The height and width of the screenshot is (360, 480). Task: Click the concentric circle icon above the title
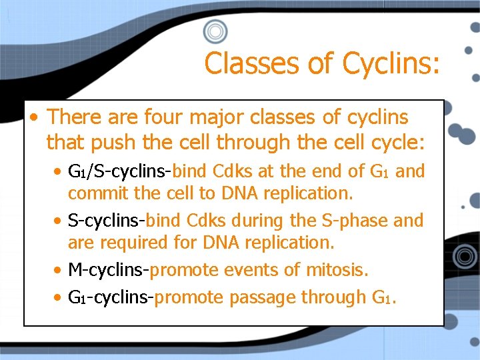click(215, 31)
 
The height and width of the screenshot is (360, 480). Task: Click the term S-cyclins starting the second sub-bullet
click(106, 221)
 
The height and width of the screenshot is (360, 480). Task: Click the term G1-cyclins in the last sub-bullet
click(111, 297)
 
